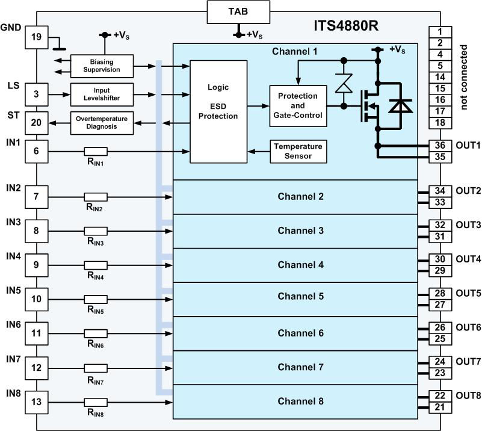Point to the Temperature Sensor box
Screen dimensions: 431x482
pyautogui.click(x=298, y=150)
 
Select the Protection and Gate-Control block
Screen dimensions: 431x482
pyautogui.click(x=298, y=105)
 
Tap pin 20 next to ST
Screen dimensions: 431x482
pyautogui.click(x=36, y=122)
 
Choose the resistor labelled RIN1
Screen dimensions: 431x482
pyautogui.click(x=96, y=152)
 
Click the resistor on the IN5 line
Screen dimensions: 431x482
pyautogui.click(x=96, y=299)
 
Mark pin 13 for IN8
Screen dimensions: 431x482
pyautogui.click(x=36, y=402)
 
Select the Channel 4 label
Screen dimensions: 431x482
pyautogui.click(x=301, y=265)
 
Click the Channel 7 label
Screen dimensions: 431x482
pyautogui.click(x=301, y=367)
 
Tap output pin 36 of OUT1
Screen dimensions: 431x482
pyautogui.click(x=440, y=145)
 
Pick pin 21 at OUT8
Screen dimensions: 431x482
pyautogui.click(x=440, y=408)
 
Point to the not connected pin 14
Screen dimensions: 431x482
pyautogui.click(x=440, y=77)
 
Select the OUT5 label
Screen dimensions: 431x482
pyautogui.click(x=468, y=293)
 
